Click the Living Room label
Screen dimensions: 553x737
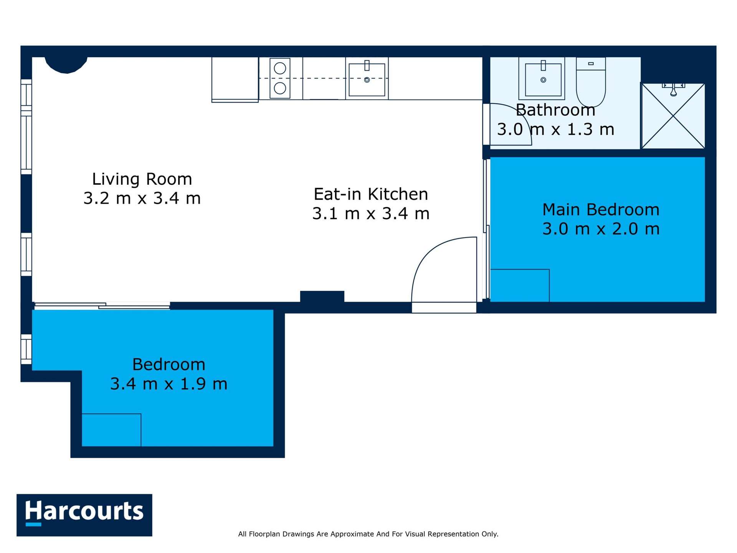pyautogui.click(x=142, y=179)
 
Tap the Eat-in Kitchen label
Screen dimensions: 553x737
pyautogui.click(x=370, y=194)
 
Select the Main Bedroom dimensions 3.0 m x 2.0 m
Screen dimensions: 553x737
pyautogui.click(x=601, y=229)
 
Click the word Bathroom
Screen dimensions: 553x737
pyautogui.click(x=555, y=110)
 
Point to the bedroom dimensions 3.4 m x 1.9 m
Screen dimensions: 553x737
pyautogui.click(x=169, y=384)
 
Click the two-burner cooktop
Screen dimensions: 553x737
pyautogui.click(x=280, y=78)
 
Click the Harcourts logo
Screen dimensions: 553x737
pyautogui.click(x=84, y=515)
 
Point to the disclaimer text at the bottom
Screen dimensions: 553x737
pyautogui.click(x=368, y=534)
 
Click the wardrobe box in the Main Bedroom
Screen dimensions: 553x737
pyautogui.click(x=520, y=285)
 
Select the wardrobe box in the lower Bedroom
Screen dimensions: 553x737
pyautogui.click(x=111, y=430)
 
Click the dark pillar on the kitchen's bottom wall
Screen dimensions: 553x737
pyautogui.click(x=322, y=297)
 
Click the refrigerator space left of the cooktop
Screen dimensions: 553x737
pyautogui.click(x=235, y=79)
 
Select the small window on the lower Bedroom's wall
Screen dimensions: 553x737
pyautogui.click(x=26, y=349)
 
